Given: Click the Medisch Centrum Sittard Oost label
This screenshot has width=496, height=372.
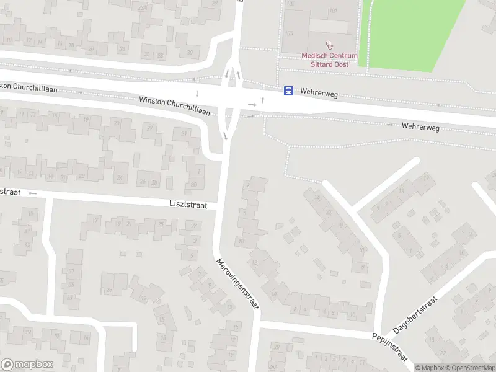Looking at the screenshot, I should [329, 60].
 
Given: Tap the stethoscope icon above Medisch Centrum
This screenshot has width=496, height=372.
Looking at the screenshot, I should [330, 45].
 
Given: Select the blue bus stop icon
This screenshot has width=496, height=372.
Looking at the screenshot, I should [288, 91].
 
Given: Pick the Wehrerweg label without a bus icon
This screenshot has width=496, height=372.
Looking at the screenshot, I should [420, 126].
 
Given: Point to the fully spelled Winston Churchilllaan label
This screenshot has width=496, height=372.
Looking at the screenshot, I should [175, 107].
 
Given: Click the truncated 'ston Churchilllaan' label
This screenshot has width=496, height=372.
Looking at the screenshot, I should [29, 88].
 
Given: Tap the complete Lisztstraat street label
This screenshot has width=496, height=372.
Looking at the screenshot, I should [188, 204].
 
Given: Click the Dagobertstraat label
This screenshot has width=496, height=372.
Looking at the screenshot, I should [415, 315].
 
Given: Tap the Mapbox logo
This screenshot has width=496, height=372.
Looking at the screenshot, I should [27, 365].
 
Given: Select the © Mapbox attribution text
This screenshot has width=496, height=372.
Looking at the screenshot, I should [429, 368].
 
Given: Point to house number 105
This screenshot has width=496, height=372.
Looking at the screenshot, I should [289, 32].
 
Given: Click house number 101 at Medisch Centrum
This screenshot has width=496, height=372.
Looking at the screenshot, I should [333, 11].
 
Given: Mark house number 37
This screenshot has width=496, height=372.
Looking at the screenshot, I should [71, 271].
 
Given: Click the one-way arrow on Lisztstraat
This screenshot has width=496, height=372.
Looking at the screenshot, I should [32, 193].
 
